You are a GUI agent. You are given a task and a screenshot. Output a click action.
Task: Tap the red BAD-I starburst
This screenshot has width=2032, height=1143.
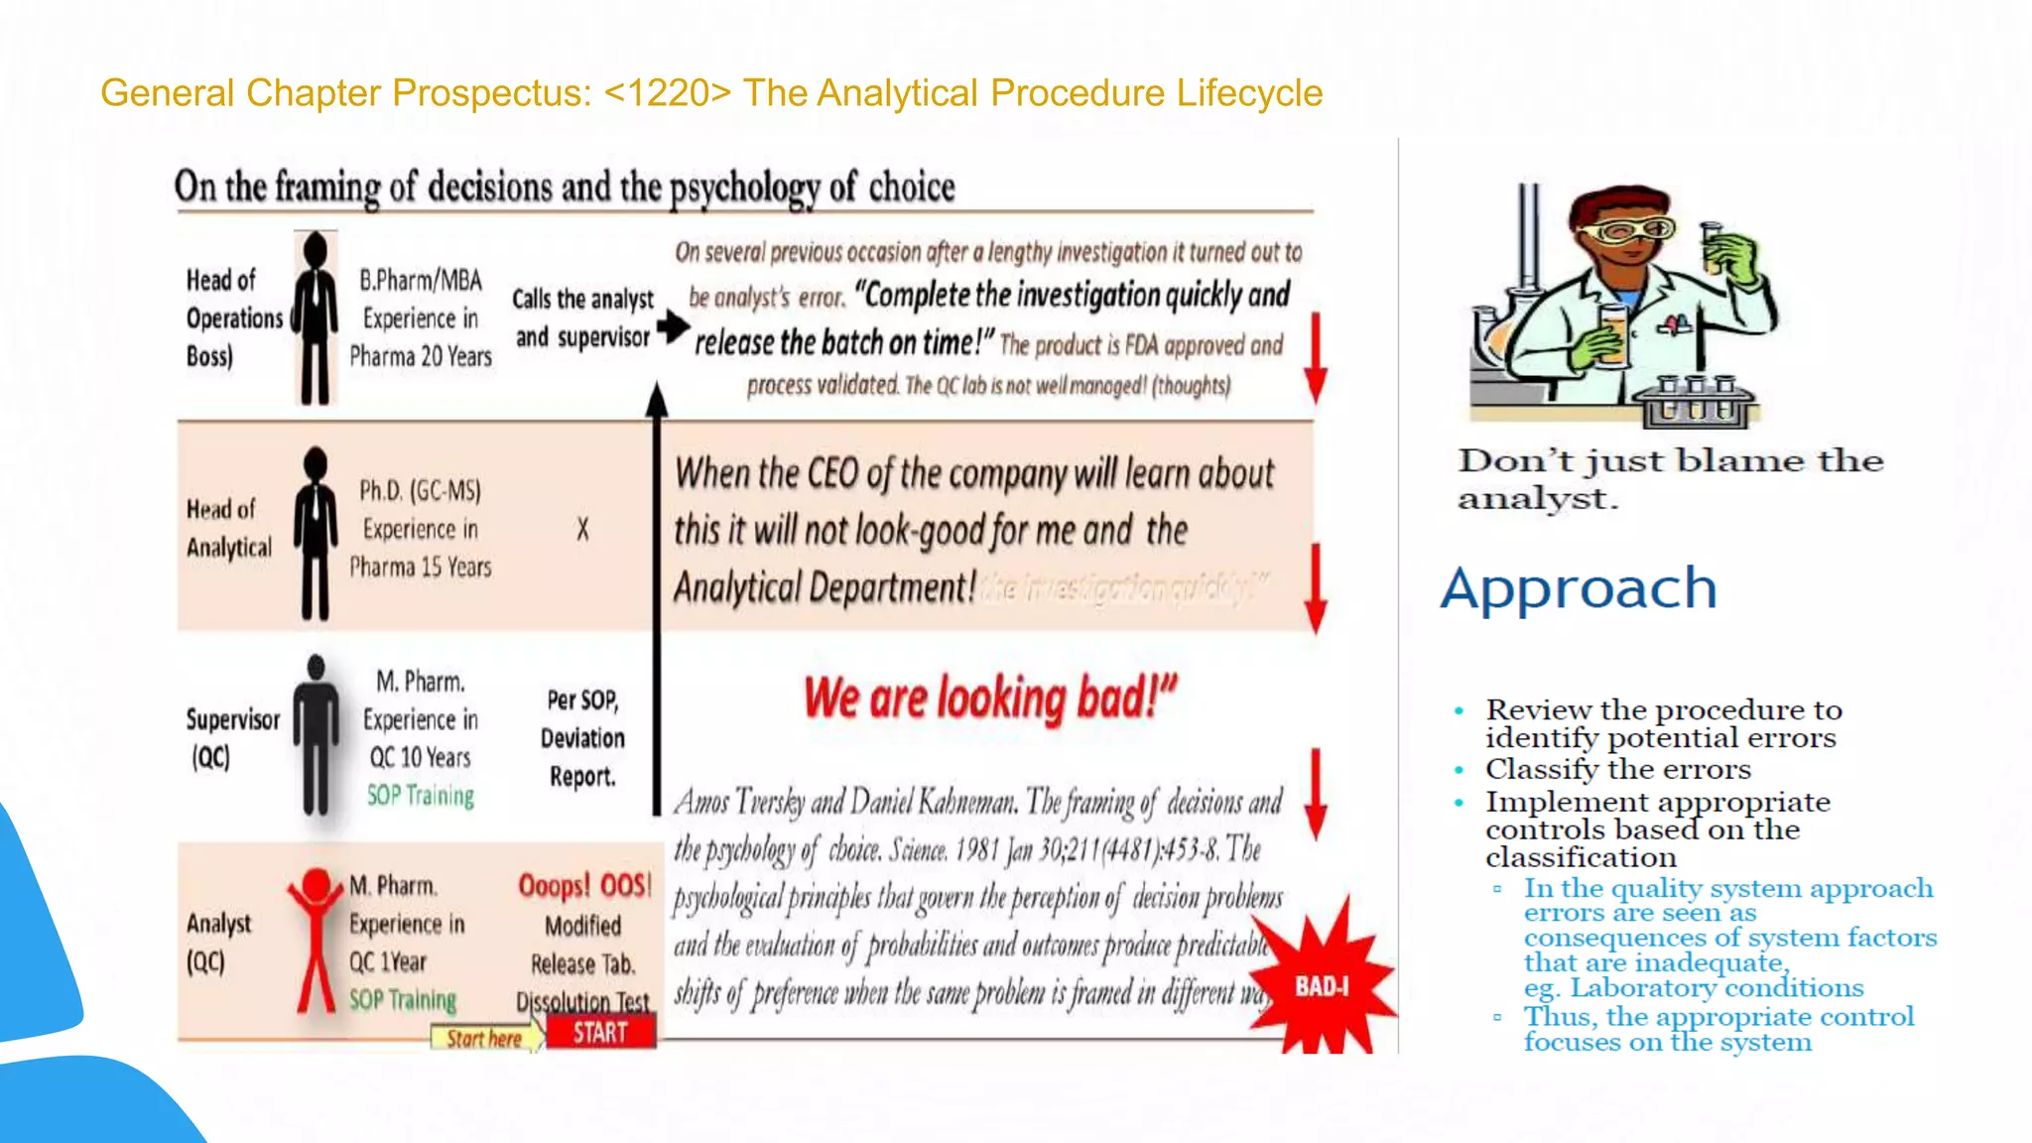click(x=1324, y=984)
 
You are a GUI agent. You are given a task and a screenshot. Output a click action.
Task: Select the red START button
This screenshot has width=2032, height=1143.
click(x=600, y=1033)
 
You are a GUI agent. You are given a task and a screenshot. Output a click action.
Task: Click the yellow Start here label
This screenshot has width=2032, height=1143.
click(x=484, y=1038)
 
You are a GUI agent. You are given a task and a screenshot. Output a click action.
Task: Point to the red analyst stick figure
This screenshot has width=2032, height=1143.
click(x=316, y=938)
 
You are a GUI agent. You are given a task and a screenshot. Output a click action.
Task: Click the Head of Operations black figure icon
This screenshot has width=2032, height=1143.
click(x=316, y=317)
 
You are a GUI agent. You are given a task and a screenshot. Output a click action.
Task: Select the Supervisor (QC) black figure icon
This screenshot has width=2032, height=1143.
click(x=316, y=734)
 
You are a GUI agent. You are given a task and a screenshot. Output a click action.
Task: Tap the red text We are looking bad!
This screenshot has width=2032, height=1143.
click(x=989, y=698)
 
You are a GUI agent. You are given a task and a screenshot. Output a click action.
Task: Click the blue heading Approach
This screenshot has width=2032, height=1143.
click(x=1579, y=588)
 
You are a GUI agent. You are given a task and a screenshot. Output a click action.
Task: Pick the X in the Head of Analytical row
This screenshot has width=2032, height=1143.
click(x=582, y=529)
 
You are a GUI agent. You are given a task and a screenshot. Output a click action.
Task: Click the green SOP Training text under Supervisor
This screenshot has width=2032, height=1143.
click(x=421, y=796)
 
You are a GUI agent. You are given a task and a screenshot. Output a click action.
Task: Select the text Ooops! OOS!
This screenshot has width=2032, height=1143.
click(x=584, y=885)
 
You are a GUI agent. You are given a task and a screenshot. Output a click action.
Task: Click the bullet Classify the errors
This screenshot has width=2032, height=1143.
click(x=1617, y=770)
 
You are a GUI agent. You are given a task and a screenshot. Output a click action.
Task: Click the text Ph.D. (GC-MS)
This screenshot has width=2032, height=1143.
click(x=420, y=490)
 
